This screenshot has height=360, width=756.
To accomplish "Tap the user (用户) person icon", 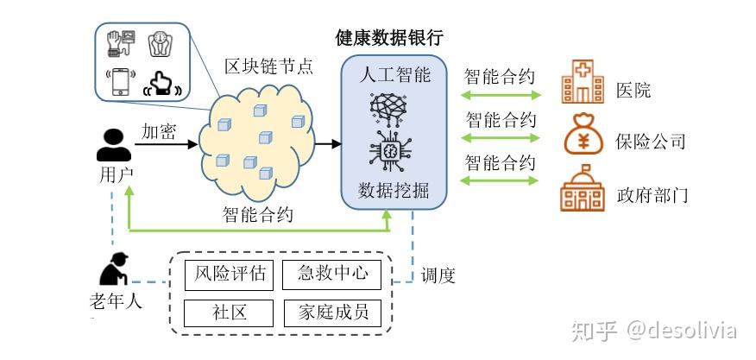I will pyautogui.click(x=114, y=144).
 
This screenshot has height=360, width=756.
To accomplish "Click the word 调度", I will pyautogui.click(x=438, y=276).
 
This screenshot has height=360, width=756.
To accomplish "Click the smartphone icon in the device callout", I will pyautogui.click(x=120, y=80).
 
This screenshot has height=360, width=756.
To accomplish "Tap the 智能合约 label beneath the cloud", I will pyautogui.click(x=257, y=215).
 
